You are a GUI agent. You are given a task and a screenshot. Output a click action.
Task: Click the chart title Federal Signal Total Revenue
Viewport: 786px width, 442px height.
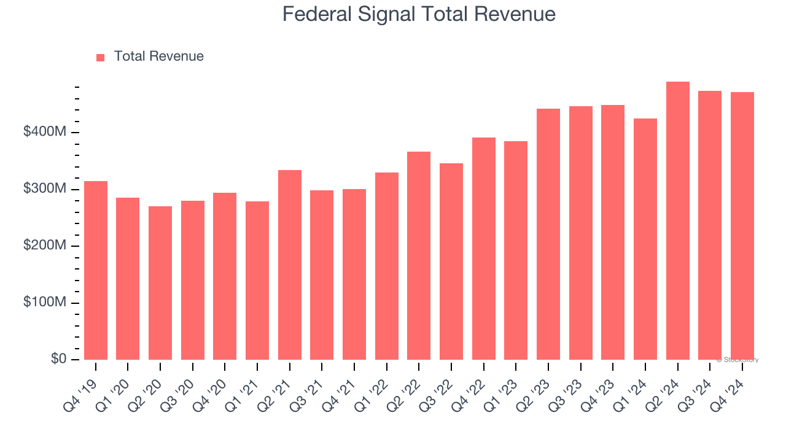click(x=419, y=14)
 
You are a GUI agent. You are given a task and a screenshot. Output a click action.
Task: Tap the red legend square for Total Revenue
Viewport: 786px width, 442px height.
click(x=101, y=57)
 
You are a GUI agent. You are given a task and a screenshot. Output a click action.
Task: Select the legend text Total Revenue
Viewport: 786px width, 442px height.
click(x=158, y=56)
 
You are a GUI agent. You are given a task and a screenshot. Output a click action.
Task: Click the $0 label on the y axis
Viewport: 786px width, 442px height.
click(x=59, y=359)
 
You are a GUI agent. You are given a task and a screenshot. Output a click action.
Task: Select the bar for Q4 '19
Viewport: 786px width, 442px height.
click(x=96, y=270)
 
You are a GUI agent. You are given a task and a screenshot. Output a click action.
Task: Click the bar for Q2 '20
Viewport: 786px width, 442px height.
click(x=160, y=282)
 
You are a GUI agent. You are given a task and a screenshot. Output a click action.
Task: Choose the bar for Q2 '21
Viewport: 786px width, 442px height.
click(x=290, y=265)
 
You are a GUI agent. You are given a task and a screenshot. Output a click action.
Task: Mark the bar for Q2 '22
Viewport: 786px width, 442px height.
click(x=419, y=255)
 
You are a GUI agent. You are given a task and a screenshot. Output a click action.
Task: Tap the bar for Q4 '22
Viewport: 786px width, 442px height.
click(x=484, y=249)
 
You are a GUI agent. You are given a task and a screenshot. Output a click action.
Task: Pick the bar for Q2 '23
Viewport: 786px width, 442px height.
click(x=548, y=234)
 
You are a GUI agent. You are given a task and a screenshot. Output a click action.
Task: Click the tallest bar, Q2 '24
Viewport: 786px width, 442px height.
click(x=678, y=220)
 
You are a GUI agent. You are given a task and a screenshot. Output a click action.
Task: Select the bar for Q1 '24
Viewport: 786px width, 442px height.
click(x=645, y=239)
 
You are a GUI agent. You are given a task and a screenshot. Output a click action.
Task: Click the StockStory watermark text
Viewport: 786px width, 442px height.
click(x=737, y=360)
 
